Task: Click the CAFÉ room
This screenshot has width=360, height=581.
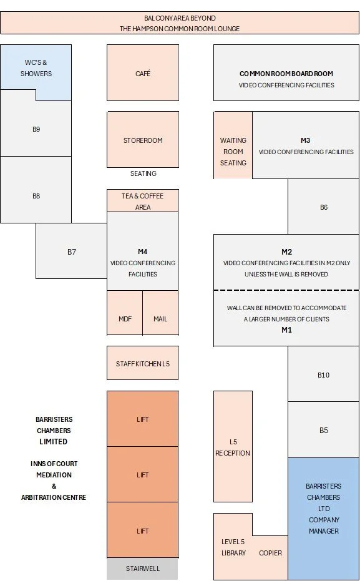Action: point(143,72)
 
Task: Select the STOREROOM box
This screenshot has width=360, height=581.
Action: point(143,140)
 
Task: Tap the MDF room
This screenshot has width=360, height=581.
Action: point(125,313)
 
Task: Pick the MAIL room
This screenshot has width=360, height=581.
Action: point(160,313)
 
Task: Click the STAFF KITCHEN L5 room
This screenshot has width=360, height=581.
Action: point(143,363)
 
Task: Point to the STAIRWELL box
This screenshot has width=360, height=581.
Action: point(143,569)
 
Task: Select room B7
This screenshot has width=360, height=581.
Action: point(72,251)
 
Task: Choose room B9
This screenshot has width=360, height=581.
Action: point(36,128)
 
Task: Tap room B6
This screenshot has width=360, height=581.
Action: point(323,207)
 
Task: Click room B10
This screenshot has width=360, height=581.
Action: point(323,374)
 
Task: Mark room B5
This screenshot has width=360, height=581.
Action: point(323,430)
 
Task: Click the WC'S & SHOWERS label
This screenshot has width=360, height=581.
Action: point(36,68)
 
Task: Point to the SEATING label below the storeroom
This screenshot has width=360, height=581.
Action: point(144,173)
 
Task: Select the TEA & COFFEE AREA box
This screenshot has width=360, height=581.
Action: point(143,201)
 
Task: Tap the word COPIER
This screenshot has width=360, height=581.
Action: point(270,553)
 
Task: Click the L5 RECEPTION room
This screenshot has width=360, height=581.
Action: point(233,446)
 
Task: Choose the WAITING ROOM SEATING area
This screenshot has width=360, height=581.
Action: point(233,145)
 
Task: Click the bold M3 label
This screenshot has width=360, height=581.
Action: point(306,140)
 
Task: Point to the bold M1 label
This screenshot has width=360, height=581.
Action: point(286,330)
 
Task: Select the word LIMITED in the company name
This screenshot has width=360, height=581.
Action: point(53,441)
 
